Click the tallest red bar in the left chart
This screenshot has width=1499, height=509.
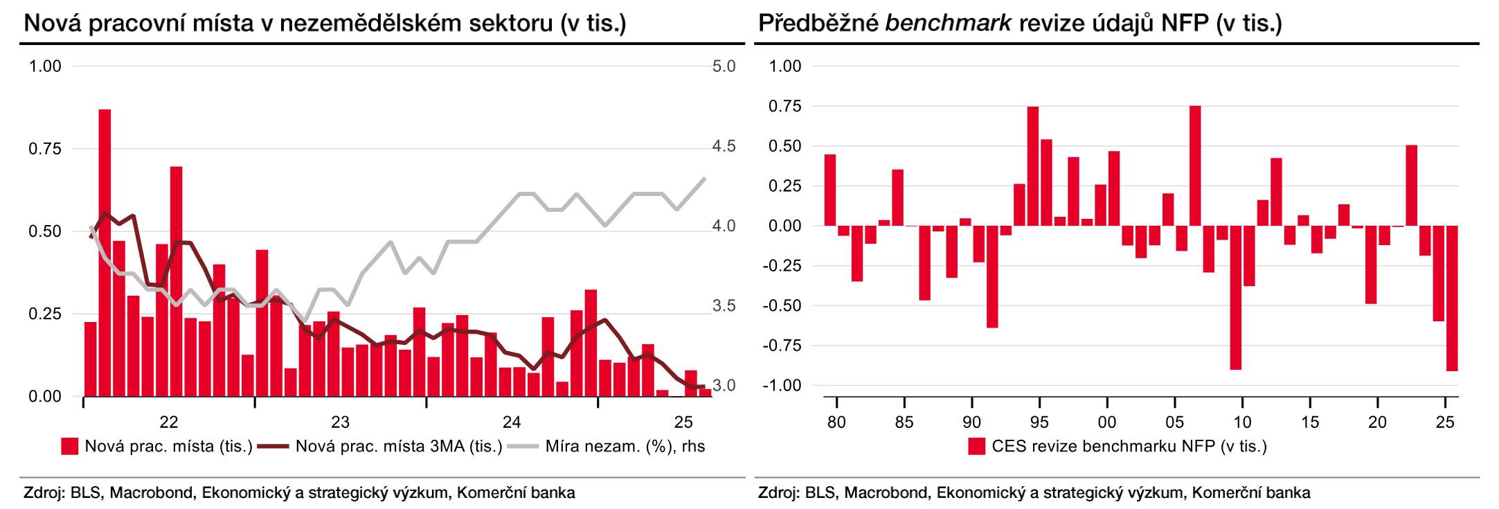[x=105, y=253]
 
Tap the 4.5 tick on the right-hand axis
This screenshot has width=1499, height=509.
[x=724, y=146]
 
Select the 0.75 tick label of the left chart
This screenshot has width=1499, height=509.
[x=45, y=149]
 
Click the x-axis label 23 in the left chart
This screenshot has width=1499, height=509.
[x=340, y=422]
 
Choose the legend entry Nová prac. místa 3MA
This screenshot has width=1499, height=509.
[x=398, y=447]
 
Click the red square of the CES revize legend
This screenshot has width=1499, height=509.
[x=976, y=447]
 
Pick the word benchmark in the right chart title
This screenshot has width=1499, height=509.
[x=948, y=24]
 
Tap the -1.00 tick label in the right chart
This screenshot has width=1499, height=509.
[x=782, y=386]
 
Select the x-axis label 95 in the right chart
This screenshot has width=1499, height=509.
[x=1039, y=422]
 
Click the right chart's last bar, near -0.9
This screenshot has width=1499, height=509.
[x=1452, y=298]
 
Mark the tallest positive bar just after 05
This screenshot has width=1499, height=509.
[x=1195, y=166]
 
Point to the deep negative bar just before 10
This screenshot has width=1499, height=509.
[x=1235, y=298]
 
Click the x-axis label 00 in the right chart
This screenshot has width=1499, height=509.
[x=1106, y=422]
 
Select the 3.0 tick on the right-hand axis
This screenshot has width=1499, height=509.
[x=724, y=386]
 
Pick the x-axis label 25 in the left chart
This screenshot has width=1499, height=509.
[x=683, y=422]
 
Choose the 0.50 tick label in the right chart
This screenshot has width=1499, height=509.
[x=784, y=146]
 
